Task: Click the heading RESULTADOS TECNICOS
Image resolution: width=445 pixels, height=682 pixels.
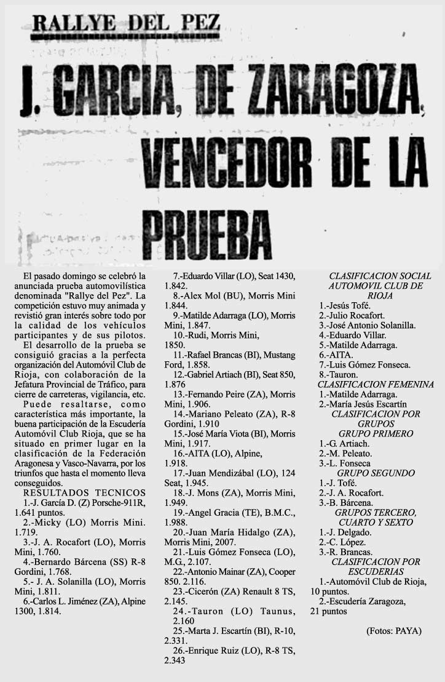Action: pos(84,492)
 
